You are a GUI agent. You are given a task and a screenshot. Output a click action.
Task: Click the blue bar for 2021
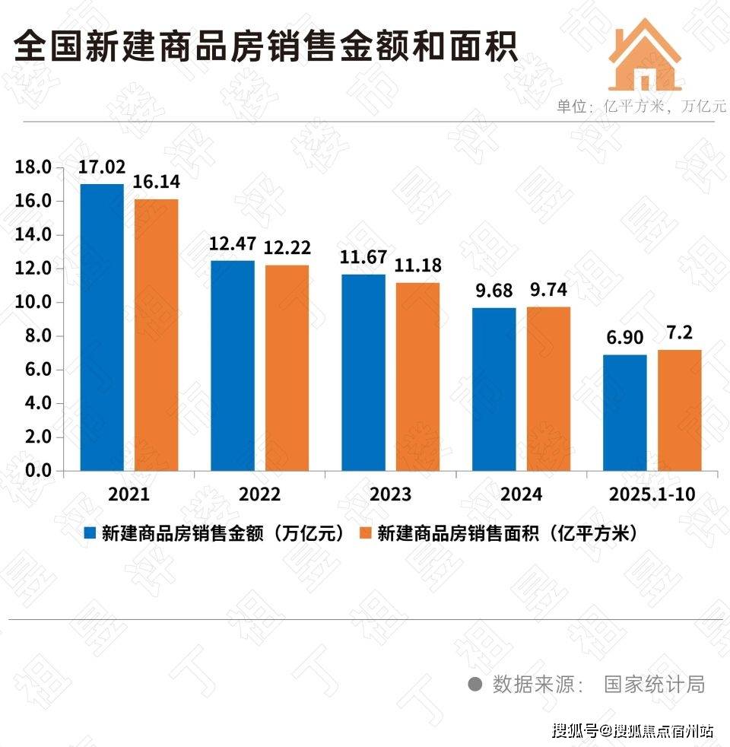click(x=102, y=327)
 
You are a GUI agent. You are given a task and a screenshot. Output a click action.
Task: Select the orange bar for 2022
click(x=287, y=367)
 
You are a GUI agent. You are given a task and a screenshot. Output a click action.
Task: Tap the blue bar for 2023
click(x=363, y=372)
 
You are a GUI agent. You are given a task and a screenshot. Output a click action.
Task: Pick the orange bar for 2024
click(x=548, y=389)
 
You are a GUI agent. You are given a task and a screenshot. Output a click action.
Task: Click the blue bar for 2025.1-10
click(x=625, y=412)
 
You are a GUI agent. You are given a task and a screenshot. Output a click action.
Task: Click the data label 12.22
click(x=287, y=247)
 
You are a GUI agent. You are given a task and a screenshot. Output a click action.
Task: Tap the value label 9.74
click(x=547, y=290)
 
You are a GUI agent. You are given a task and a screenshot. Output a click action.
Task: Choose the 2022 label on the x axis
click(x=260, y=495)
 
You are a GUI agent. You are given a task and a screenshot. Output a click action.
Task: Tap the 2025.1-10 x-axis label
click(x=652, y=495)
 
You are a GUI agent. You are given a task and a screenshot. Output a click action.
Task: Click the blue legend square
click(x=90, y=534)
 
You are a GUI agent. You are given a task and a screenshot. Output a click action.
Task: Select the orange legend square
click(x=365, y=534)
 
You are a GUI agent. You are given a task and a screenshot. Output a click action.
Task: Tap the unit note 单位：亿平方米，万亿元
click(x=641, y=106)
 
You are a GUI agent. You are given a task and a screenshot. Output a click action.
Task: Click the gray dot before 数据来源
click(x=474, y=684)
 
